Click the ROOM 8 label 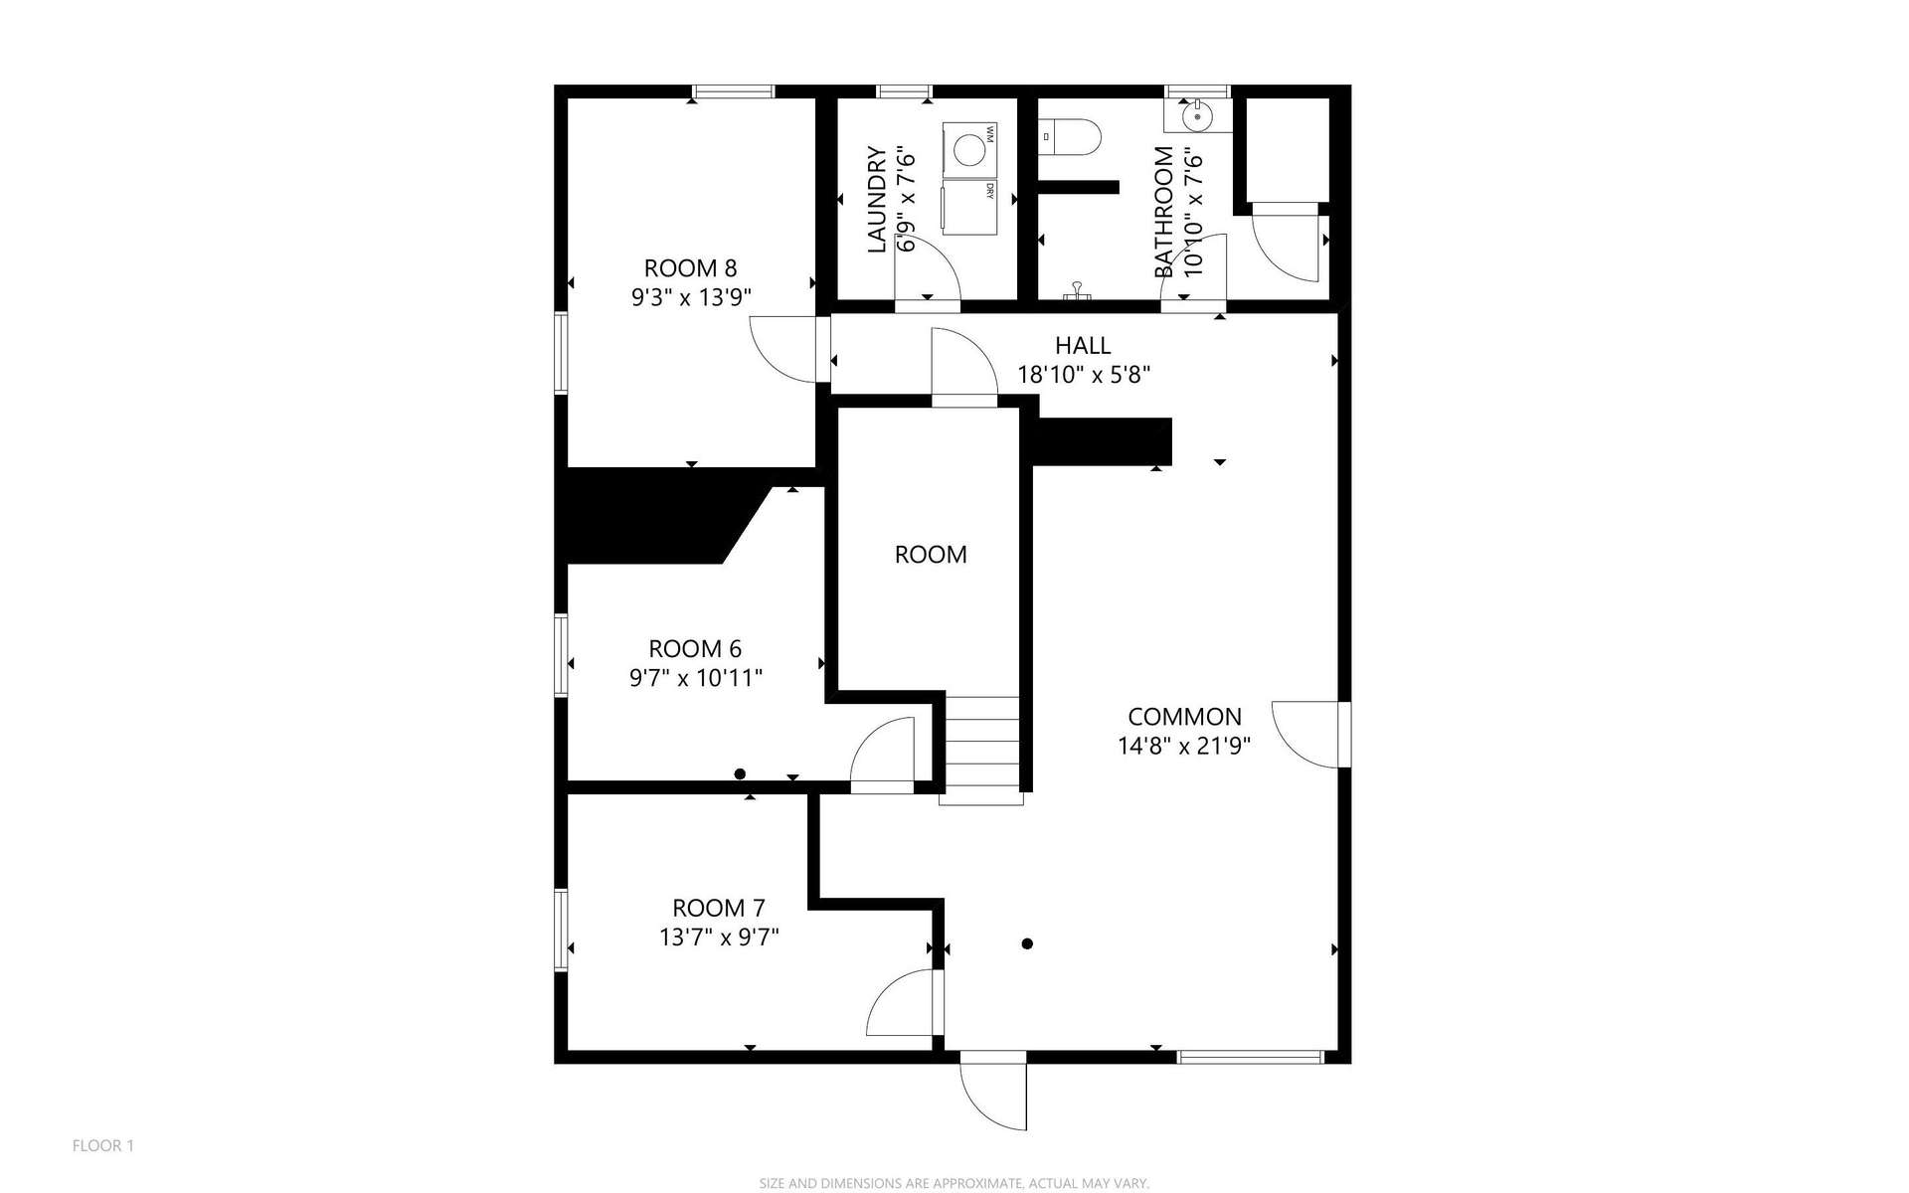[690, 268]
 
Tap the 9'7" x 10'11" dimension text [696, 678]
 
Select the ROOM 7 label [719, 908]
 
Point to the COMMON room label [1184, 717]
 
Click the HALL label [1083, 346]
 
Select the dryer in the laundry [969, 206]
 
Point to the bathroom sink [1198, 116]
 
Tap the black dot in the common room [1027, 943]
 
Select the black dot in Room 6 [740, 773]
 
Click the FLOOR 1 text [103, 1146]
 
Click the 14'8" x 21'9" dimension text [1184, 746]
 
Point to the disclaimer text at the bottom [954, 1183]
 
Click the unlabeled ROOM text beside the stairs [931, 555]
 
